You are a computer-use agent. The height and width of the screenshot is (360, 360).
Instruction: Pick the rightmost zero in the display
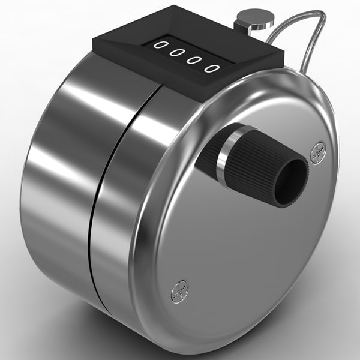click(x=210, y=67)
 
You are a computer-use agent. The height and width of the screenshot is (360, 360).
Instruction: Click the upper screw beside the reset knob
click(x=317, y=152)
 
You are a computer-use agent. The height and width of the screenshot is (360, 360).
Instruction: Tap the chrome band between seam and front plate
click(x=120, y=210)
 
